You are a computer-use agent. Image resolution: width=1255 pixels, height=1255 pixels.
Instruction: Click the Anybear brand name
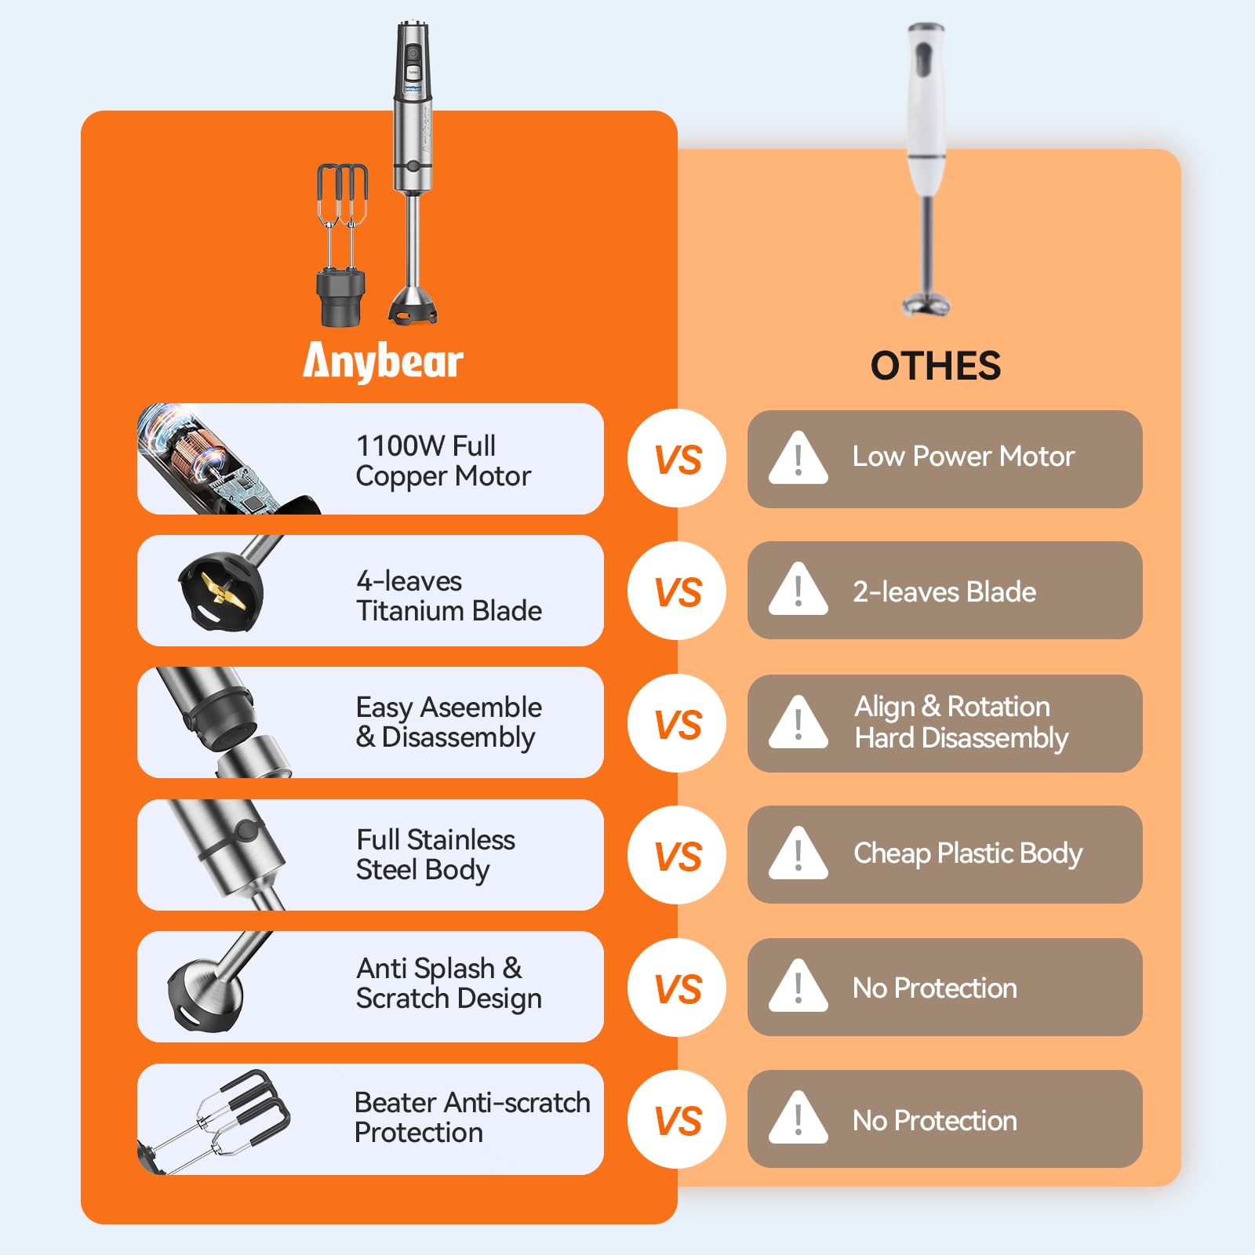coord(383,362)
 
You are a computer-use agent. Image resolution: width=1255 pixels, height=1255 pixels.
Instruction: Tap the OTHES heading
coord(936,366)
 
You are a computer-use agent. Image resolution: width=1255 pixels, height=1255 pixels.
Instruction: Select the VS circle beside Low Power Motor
coord(677,458)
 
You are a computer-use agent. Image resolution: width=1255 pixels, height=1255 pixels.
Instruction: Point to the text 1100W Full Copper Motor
coord(443,460)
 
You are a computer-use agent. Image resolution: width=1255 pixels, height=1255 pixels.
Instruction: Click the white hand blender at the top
coord(926,169)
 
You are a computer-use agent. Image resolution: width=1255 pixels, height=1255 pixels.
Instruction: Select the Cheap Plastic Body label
coord(968,853)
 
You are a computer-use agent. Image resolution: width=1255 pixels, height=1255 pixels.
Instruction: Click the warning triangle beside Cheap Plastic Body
coord(798,853)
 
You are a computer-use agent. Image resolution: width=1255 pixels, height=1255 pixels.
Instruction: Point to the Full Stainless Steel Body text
coord(435,855)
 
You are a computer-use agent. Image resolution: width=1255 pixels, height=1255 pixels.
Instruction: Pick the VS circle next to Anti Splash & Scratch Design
coord(677,988)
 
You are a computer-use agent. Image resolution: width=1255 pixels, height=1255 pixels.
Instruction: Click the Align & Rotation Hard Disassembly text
coord(961,722)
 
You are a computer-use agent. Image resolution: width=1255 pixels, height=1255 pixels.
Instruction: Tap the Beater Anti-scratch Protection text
coord(472,1118)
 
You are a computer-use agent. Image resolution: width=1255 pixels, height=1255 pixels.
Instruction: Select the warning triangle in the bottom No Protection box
coord(798,1117)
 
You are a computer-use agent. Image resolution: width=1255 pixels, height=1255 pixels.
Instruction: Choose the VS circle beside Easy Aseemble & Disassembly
coord(677,723)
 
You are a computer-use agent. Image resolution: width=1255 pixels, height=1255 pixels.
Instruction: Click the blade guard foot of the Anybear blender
coord(413,306)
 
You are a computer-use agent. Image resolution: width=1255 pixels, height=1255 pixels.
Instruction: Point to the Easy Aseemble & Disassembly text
coord(449,722)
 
